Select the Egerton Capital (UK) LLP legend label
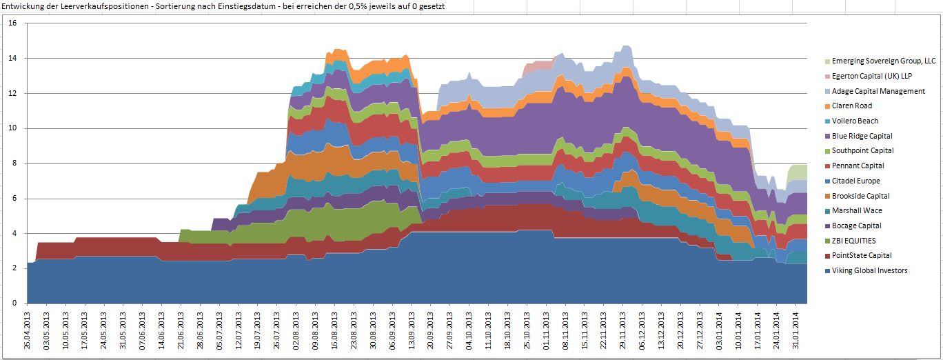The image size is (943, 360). tap(871, 76)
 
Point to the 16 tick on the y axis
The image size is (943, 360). tap(12, 23)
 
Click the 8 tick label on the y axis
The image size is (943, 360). tap(14, 163)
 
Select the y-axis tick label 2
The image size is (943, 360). tap(14, 268)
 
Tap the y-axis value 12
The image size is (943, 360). tap(12, 93)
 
